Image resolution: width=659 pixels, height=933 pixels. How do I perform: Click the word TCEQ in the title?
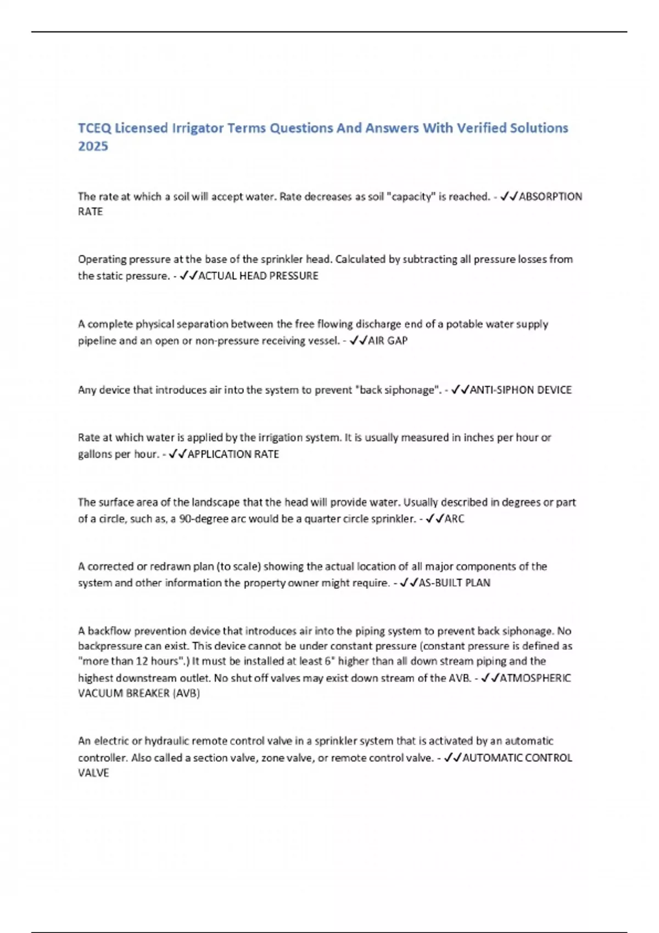[x=94, y=128]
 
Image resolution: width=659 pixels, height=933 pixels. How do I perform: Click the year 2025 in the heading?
[x=93, y=146]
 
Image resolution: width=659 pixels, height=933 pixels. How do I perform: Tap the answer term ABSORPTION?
[x=550, y=196]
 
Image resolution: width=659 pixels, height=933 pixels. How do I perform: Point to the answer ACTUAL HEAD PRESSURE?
[x=258, y=276]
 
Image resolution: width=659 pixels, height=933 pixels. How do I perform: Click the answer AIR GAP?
[x=388, y=340]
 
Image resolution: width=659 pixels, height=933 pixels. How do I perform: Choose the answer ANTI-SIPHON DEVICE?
[x=521, y=390]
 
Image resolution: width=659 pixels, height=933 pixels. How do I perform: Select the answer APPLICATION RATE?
[x=233, y=454]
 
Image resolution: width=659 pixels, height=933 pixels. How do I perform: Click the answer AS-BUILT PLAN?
[x=454, y=583]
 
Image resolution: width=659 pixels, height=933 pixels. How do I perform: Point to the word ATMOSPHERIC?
[x=535, y=678]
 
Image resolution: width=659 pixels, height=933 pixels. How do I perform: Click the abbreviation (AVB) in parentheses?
[x=186, y=693]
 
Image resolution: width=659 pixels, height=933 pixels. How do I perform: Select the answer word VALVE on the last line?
[x=93, y=773]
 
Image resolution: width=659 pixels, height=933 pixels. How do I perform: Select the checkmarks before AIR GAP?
[x=358, y=340]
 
